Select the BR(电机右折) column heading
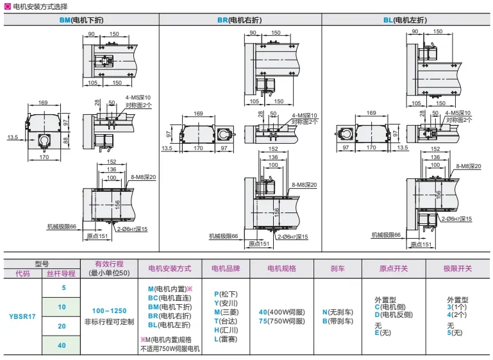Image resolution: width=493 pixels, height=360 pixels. click(x=244, y=20)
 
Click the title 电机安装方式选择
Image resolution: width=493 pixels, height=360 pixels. click(x=42, y=6)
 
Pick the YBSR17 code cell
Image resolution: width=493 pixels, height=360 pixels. click(x=22, y=315)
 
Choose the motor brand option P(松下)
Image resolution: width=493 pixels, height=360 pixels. click(x=225, y=293)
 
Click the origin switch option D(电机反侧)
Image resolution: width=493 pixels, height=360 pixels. click(x=394, y=314)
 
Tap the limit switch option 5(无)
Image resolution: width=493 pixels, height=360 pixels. click(x=455, y=332)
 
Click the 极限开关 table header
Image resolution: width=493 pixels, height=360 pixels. click(x=457, y=268)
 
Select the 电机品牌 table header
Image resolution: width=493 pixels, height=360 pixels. click(x=225, y=268)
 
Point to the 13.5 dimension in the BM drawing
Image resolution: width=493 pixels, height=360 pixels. click(x=13, y=137)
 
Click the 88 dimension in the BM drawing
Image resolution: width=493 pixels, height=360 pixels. click(x=65, y=140)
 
